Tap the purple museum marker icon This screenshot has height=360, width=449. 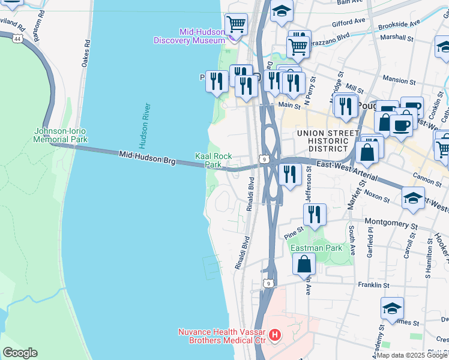pos(232,39)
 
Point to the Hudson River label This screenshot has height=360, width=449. pos(144,125)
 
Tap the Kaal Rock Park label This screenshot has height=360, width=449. pos(214,160)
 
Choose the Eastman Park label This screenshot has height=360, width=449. pos(316,248)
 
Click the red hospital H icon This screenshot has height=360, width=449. pos(274,335)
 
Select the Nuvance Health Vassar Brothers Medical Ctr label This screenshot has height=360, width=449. pos(221,336)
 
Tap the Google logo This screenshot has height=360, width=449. pos(20,353)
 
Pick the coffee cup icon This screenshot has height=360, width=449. pos(401,125)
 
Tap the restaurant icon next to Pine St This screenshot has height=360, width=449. pos(315,214)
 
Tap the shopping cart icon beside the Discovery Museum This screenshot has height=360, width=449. pos(237,24)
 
